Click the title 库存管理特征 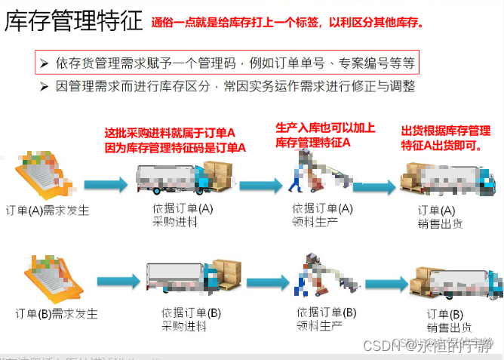pyautogui.click(x=73, y=20)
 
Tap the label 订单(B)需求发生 pyautogui.click(x=57, y=313)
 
